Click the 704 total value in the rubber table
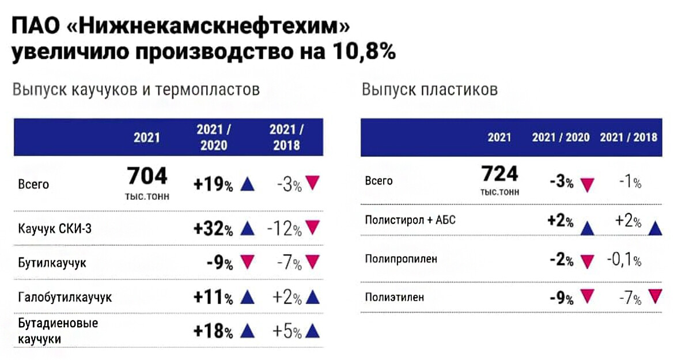(147, 176)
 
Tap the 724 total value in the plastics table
(499, 173)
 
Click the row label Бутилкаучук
(52, 263)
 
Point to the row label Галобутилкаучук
(65, 297)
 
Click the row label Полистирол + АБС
(410, 220)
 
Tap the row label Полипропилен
(401, 259)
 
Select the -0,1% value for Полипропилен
(623, 260)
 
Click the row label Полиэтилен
(395, 298)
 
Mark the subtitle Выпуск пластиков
(430, 90)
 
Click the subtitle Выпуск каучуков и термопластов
(136, 90)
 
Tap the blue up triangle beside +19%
(247, 184)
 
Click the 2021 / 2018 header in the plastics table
(628, 138)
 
